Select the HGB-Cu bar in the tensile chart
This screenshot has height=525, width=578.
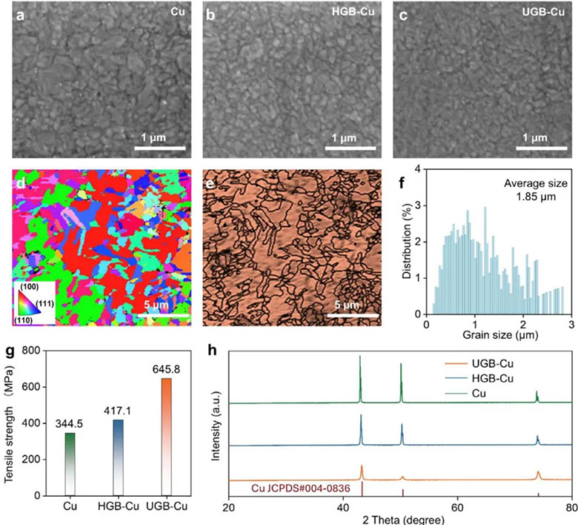coord(117,456)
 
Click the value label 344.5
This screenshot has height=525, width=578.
coord(69,423)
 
